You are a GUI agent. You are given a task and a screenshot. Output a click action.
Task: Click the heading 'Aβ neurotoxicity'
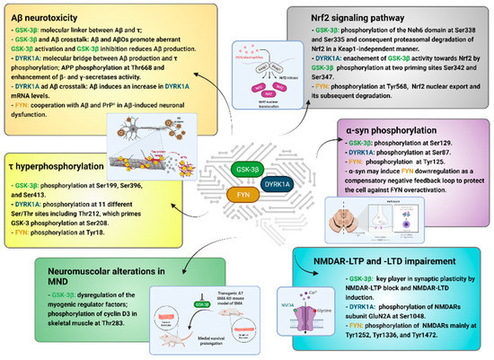click(x=57, y=16)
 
